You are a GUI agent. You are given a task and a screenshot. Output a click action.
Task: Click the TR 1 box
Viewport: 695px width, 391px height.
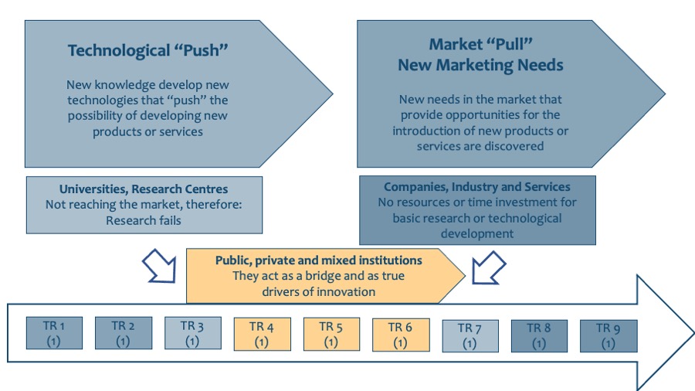click(x=54, y=333)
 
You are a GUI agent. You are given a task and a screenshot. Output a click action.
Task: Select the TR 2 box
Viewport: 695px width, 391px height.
click(x=123, y=333)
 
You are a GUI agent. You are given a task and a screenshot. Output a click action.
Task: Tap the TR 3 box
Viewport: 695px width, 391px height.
click(x=192, y=333)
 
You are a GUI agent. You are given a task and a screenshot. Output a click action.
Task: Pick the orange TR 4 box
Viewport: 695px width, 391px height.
click(x=261, y=334)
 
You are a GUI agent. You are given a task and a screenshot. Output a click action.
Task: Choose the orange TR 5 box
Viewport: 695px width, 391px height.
click(x=331, y=334)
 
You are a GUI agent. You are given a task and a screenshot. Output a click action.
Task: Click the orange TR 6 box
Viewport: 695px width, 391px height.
click(x=400, y=334)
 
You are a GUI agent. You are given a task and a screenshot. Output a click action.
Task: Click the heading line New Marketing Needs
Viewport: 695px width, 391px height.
click(x=480, y=66)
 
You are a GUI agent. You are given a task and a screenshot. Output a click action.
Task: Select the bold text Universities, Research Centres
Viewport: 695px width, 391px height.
click(x=144, y=189)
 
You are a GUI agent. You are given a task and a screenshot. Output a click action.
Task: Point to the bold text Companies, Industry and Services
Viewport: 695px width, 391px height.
click(x=477, y=187)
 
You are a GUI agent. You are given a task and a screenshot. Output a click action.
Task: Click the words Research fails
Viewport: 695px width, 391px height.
click(x=144, y=219)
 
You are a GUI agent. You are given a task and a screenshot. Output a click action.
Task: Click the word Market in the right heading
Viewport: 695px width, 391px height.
click(x=453, y=45)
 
